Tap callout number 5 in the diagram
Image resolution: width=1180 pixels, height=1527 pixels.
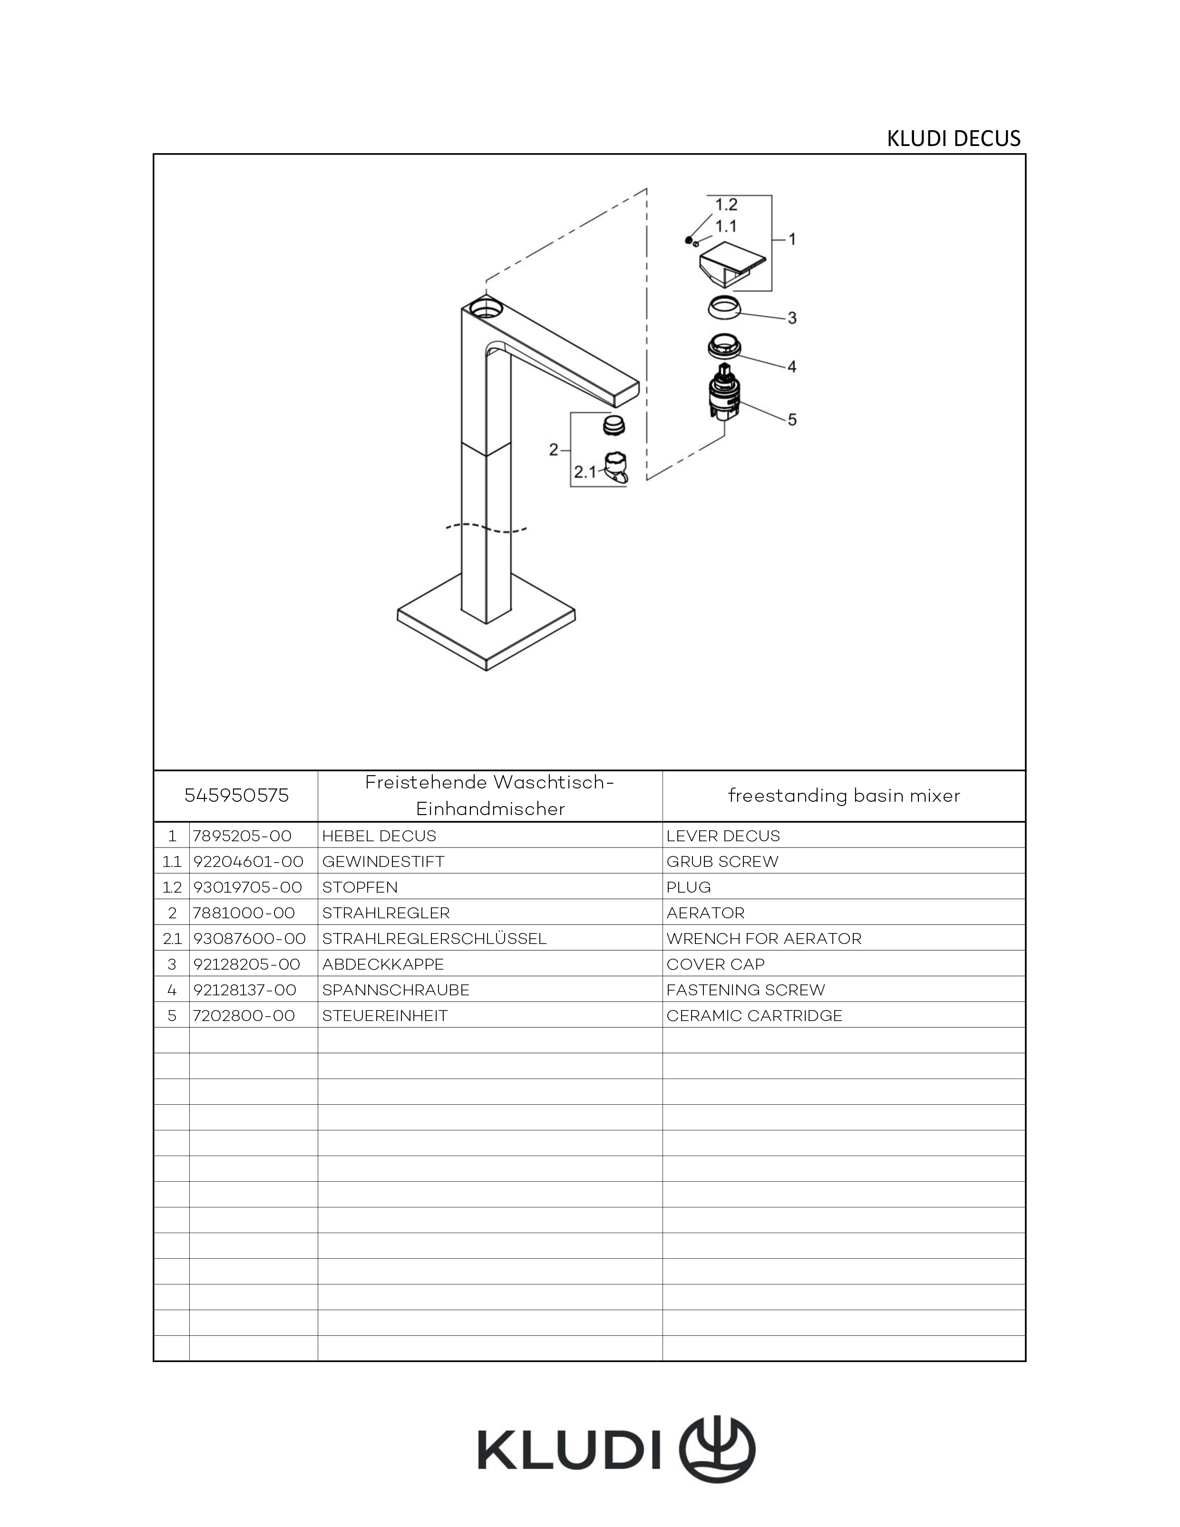click(792, 419)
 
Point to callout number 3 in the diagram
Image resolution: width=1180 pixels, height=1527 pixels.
click(792, 318)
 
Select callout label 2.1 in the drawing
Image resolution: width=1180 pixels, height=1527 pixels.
click(585, 472)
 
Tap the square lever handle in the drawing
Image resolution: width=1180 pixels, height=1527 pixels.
click(733, 264)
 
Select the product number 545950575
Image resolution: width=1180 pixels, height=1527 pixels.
click(236, 796)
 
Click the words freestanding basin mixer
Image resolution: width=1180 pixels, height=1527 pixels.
click(844, 796)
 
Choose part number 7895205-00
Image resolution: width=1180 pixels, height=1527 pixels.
click(242, 836)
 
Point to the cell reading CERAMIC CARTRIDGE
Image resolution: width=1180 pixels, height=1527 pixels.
click(754, 1015)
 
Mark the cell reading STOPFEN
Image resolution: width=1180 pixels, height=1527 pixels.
click(360, 887)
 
